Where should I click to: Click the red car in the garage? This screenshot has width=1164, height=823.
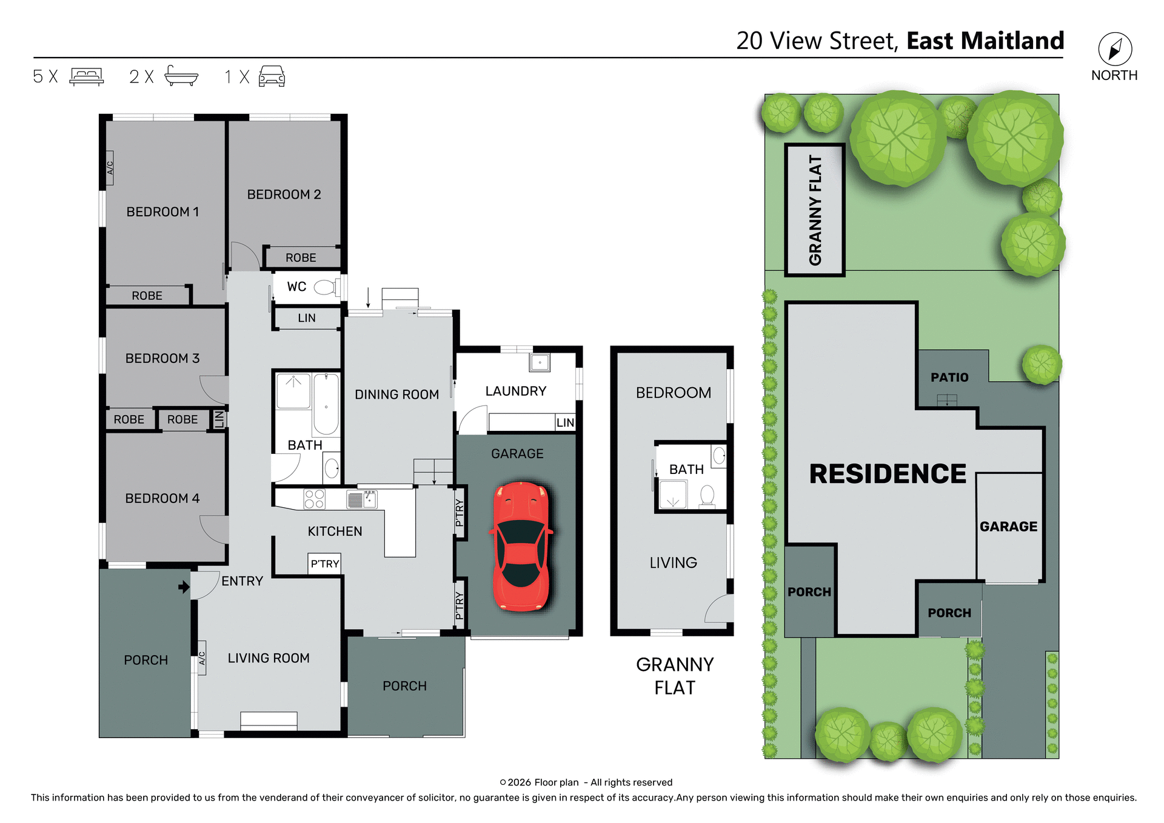tap(521, 547)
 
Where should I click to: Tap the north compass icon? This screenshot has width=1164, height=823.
tap(1115, 49)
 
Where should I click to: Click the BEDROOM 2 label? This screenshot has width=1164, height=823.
tap(284, 195)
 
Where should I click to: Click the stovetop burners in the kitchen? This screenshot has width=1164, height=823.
tap(314, 499)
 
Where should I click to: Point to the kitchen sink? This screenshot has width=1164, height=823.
tap(361, 499)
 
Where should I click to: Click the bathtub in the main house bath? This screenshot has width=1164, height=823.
tap(326, 404)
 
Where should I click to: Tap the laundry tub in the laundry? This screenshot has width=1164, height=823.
tap(539, 362)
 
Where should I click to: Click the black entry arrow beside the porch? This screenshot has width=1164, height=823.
tap(184, 587)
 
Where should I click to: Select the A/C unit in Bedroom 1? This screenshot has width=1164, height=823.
tap(110, 168)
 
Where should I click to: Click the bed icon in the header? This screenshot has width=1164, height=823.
tap(87, 76)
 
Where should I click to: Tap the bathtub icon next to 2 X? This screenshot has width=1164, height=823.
tap(181, 76)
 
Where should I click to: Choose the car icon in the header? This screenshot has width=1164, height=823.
tap(272, 76)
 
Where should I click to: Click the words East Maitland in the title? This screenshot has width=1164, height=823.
tap(985, 41)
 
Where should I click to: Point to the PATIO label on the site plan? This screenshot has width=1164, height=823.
tap(949, 378)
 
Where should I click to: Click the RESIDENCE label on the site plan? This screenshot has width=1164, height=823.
tap(888, 474)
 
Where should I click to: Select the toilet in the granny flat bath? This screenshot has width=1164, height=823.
tap(707, 495)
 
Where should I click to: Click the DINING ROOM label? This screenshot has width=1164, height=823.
tap(396, 395)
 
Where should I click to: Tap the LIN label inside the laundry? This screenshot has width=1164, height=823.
tap(565, 422)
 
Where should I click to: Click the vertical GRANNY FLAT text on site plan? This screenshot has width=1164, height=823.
tap(815, 210)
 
